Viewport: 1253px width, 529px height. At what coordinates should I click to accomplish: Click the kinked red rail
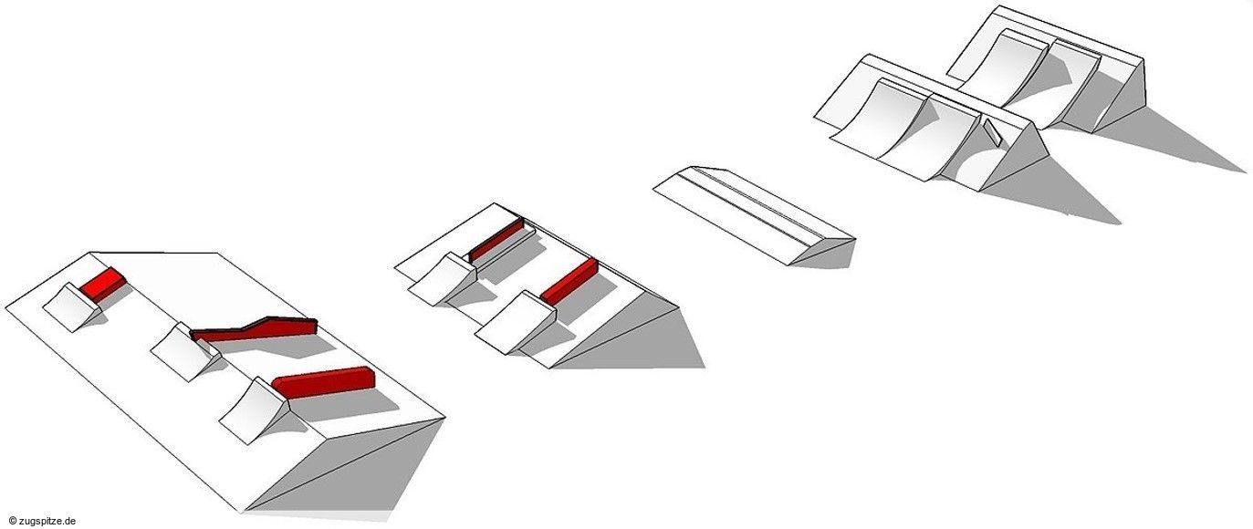tap(255, 330)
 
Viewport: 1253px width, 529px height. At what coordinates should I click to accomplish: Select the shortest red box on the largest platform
tap(103, 285)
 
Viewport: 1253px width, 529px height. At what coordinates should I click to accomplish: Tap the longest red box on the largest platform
tap(323, 382)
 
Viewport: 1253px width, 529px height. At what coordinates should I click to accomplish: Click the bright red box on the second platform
tap(569, 282)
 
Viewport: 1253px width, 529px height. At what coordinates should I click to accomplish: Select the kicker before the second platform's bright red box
tap(516, 322)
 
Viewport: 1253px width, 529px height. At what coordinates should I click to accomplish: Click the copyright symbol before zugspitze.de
tap(12, 521)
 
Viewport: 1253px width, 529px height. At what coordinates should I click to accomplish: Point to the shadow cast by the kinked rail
tap(268, 347)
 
